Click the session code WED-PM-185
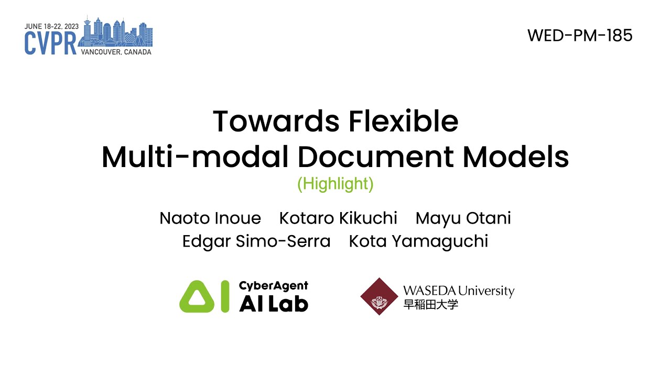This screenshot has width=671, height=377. (580, 36)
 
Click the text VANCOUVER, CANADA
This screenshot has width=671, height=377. (116, 52)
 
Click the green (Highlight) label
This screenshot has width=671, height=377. (335, 184)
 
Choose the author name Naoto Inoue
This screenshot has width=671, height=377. (210, 218)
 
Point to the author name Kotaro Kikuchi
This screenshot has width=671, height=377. (338, 218)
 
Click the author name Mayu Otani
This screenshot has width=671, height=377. (463, 218)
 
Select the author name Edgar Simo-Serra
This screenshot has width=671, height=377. (256, 241)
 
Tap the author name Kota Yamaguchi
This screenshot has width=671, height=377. (418, 241)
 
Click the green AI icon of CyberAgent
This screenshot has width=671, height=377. (204, 296)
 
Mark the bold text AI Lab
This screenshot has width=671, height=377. (273, 304)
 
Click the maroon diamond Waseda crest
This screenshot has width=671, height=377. (380, 296)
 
